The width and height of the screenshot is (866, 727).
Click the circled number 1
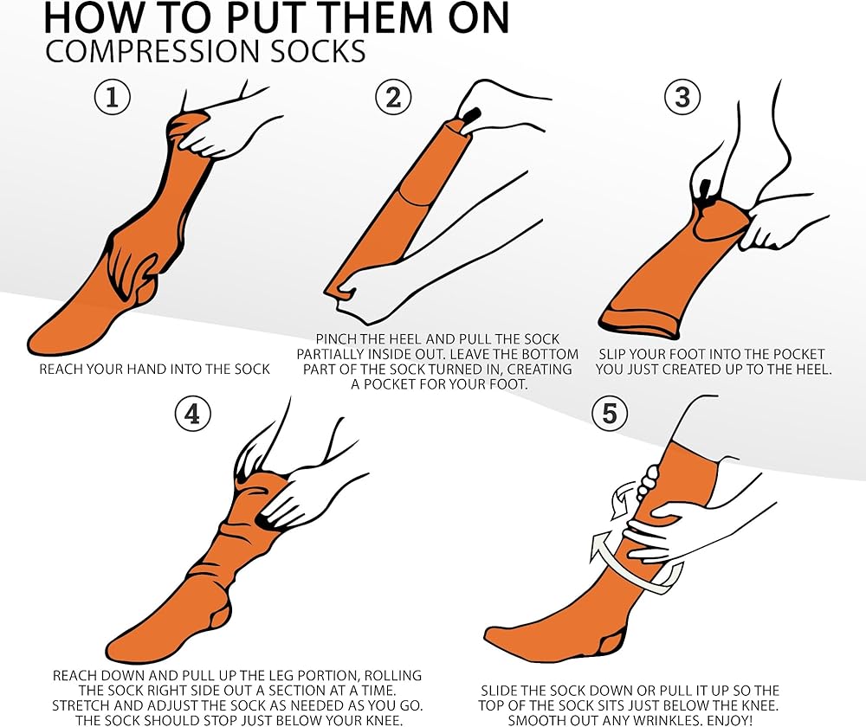click(113, 97)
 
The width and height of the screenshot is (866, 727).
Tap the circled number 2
click(393, 97)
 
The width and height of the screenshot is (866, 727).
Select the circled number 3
click(682, 97)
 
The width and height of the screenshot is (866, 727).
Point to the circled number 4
click(193, 414)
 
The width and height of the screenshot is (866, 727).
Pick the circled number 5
click(610, 414)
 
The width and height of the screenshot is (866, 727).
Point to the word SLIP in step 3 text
click(612, 354)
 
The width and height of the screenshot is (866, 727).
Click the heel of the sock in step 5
click(611, 641)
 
